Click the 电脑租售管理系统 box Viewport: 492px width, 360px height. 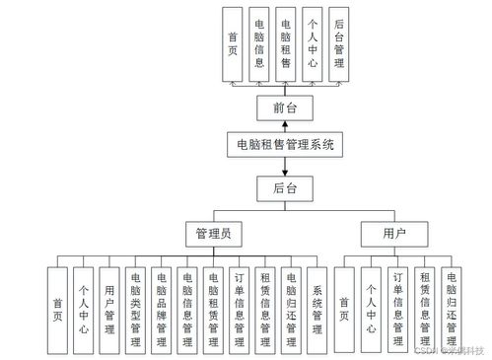pos(283,145)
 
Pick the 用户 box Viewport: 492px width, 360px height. pos(393,236)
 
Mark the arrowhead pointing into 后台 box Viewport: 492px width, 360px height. pos(283,170)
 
